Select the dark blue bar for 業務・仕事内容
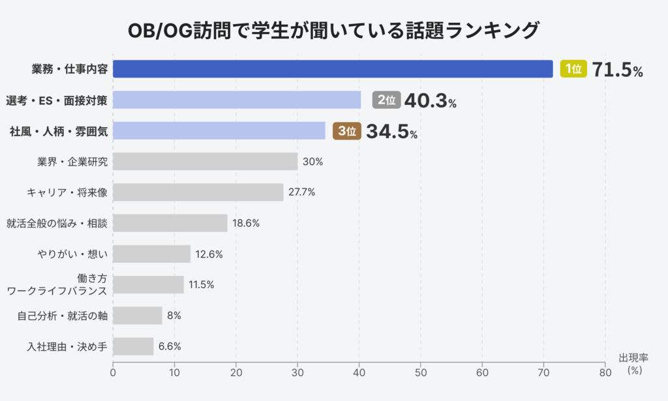point(333,69)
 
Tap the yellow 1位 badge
point(574,69)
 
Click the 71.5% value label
point(617,70)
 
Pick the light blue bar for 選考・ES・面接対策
point(237,100)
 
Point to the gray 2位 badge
point(386,100)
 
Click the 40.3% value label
point(430,100)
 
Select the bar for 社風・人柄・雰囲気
point(219,130)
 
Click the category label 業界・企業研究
point(72,162)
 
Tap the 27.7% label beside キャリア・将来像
point(301,192)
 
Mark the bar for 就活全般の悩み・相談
point(170,223)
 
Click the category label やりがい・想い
point(72,254)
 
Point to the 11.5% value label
point(202,285)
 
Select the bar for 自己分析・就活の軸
point(138,316)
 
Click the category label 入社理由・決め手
point(67,346)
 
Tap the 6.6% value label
point(170,347)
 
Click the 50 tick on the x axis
point(421,373)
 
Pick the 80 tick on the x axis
point(605,373)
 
